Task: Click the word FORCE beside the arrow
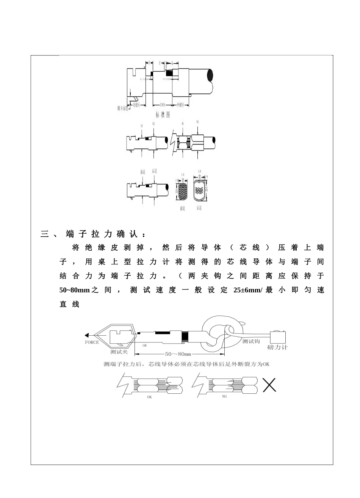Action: tap(92, 342)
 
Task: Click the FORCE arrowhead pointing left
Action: tap(87, 335)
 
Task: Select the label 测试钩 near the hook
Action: tap(251, 341)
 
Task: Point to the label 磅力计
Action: tap(277, 347)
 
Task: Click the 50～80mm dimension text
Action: tap(178, 354)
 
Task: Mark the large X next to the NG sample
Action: tap(269, 385)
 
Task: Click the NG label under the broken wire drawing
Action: tap(224, 397)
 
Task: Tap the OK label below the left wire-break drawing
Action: tap(149, 397)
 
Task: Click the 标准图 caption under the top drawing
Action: tap(163, 114)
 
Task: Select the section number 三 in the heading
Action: tap(44, 234)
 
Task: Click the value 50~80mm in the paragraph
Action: tap(74, 290)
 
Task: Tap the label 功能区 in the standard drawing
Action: tap(136, 104)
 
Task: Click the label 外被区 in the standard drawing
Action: tap(180, 104)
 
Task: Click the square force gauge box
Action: tap(278, 337)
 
